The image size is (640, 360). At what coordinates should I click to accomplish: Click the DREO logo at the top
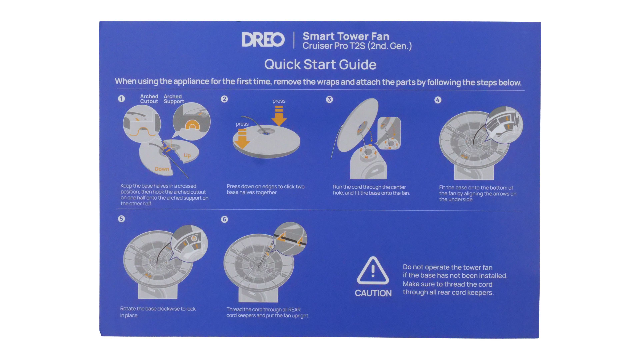coord(263,40)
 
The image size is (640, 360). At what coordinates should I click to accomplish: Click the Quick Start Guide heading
coord(320,64)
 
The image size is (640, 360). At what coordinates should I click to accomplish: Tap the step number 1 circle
coord(121,99)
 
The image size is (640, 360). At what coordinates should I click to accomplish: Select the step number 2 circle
coord(224,99)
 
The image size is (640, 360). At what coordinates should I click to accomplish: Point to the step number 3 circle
coord(329,99)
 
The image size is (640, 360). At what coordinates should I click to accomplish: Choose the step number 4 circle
coord(438,100)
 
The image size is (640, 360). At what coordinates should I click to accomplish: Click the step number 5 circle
coord(121,219)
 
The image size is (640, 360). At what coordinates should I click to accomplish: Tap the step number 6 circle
coord(224,219)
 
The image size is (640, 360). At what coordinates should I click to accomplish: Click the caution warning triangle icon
coord(373,271)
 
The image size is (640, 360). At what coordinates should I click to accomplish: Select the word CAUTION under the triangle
coord(373,293)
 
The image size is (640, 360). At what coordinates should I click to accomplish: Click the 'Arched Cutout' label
coord(149,99)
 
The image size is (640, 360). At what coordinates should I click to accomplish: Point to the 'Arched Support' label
coord(174,99)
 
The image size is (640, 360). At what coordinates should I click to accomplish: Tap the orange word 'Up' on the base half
coord(187,155)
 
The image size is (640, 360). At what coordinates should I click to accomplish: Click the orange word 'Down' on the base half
coord(162,169)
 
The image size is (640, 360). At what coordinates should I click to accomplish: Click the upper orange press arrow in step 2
coord(279,116)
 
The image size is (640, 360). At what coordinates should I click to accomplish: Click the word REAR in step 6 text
coord(295,310)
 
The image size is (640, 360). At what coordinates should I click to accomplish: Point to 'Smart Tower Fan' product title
coord(346,36)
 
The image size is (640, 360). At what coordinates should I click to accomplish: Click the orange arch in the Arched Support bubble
coord(192,125)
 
